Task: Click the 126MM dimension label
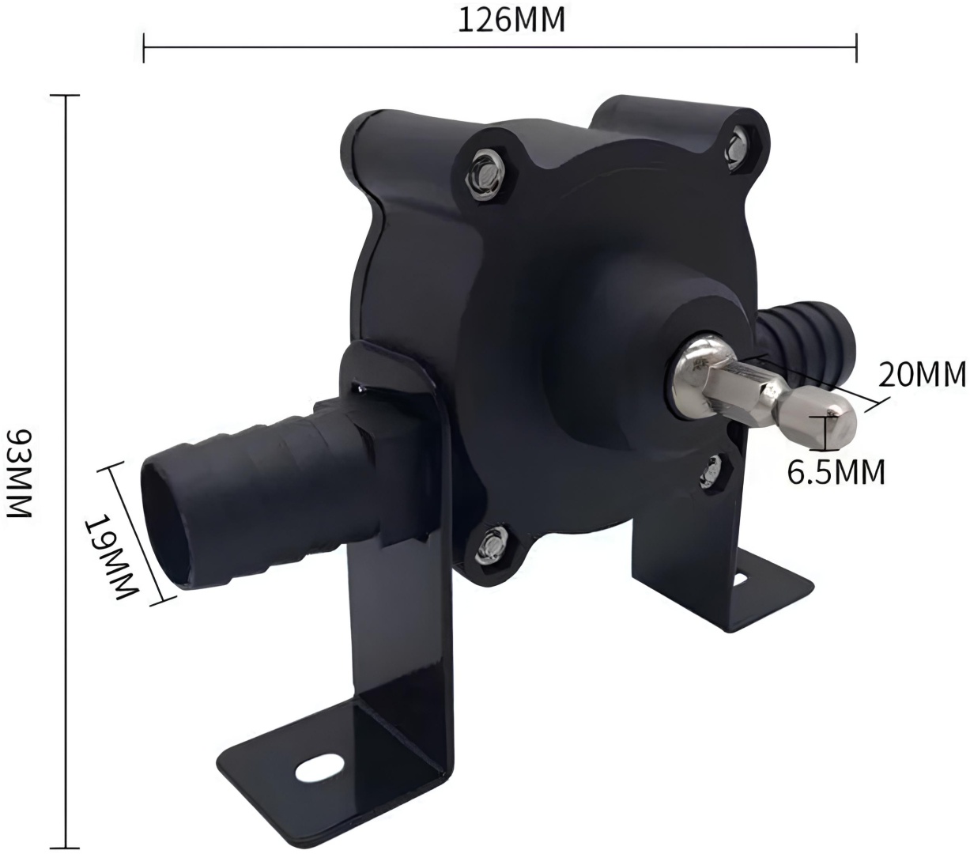click(511, 21)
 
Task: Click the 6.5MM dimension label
click(836, 472)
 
